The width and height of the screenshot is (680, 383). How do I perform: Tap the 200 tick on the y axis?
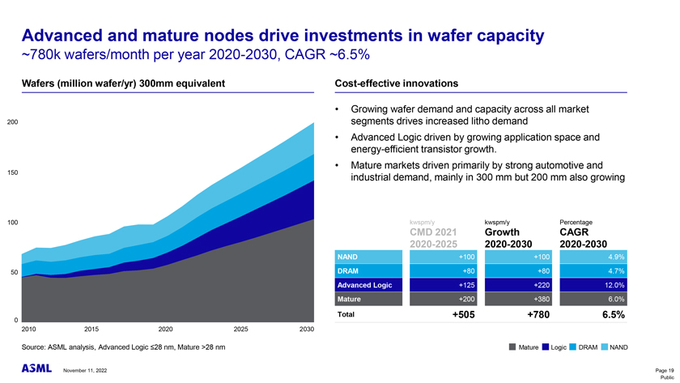[x=12, y=122]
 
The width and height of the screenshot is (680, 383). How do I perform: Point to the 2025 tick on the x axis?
[x=240, y=329]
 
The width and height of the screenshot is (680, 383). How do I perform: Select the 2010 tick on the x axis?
[x=28, y=329]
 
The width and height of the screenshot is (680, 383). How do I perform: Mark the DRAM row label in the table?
[x=349, y=270]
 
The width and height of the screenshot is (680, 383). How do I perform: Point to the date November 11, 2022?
[x=84, y=371]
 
